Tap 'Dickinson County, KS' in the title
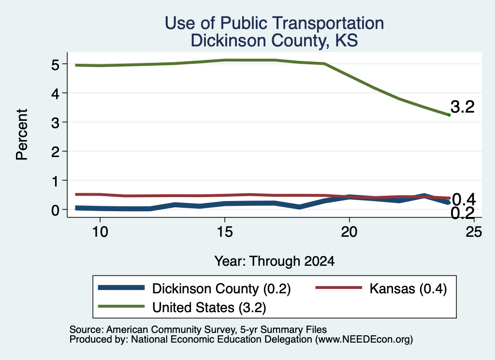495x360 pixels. (275, 41)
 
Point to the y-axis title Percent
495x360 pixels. (22, 134)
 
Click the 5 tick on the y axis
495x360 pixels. (55, 65)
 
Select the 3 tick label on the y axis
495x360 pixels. (55, 123)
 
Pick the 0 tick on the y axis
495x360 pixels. (55, 210)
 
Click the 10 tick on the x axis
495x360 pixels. (100, 232)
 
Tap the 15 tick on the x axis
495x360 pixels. (225, 232)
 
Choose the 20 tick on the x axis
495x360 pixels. (349, 232)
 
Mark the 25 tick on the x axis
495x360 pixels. (474, 232)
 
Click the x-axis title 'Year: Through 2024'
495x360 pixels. (275, 261)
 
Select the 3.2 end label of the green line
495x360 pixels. (463, 107)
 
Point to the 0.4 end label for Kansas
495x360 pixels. (464, 200)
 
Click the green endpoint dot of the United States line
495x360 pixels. (449, 115)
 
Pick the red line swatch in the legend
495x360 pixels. (339, 288)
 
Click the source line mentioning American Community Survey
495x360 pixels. (198, 330)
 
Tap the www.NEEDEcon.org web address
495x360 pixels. (364, 340)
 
